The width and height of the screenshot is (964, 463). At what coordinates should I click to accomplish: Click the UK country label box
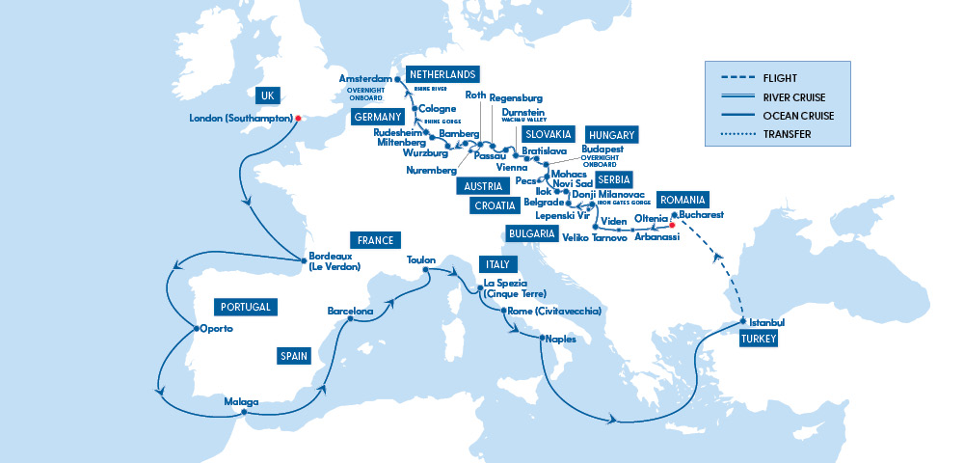coord(267,96)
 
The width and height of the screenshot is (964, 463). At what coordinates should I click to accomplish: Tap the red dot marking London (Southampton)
coord(299,119)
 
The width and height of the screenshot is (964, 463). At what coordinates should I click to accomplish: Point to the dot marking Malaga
coord(245,413)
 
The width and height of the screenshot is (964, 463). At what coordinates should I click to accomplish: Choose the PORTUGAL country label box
coord(246,307)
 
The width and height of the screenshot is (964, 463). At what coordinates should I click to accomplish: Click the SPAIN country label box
coord(293,356)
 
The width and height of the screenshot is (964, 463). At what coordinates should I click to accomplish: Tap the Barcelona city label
coord(350,312)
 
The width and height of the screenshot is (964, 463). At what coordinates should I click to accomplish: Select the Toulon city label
coord(421,260)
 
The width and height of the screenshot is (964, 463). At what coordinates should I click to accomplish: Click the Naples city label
coord(560,340)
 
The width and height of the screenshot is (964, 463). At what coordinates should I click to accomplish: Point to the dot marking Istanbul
coord(742,321)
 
